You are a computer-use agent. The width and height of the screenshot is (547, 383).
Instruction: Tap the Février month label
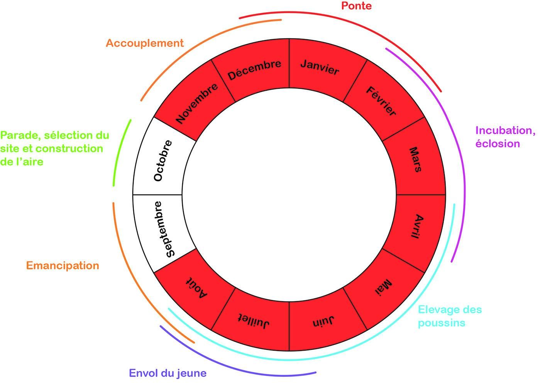coord(381,101)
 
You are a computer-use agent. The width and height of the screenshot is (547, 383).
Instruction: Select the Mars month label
coord(415,160)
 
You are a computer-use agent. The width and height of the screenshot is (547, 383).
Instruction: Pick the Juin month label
coord(323,322)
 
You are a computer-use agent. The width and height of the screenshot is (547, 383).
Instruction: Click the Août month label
coord(197,287)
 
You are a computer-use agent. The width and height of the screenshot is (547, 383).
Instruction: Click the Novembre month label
coord(197,103)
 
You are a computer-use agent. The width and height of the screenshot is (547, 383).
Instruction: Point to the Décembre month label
coord(254,69)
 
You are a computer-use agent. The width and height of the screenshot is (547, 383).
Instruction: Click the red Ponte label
coord(356,6)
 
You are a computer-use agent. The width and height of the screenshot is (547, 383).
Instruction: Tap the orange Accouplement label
coord(144,43)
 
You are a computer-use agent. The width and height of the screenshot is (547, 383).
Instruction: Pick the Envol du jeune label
coord(168,373)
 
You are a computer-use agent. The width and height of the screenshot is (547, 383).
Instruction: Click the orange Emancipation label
coord(63,266)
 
